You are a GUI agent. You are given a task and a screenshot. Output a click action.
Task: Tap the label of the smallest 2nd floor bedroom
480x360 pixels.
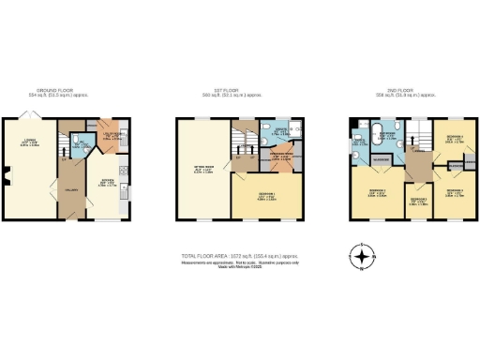(x=417, y=199)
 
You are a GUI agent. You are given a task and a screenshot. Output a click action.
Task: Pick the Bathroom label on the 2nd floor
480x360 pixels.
(x=385, y=136)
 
